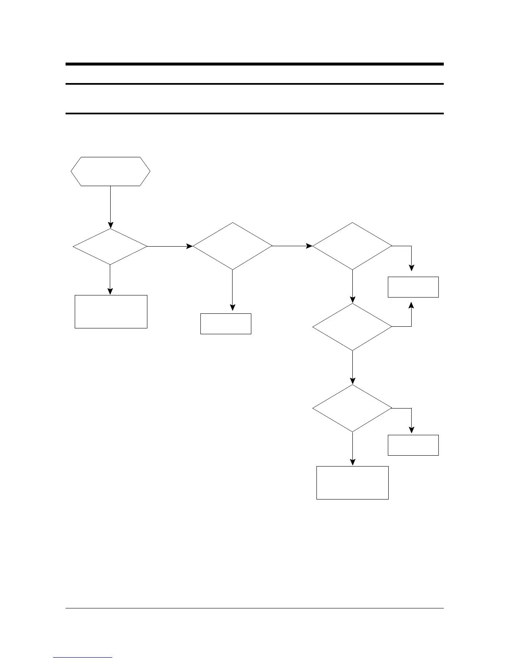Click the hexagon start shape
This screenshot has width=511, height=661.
(x=110, y=172)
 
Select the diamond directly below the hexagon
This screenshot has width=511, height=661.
(x=110, y=247)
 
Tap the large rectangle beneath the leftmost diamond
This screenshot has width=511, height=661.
(x=111, y=311)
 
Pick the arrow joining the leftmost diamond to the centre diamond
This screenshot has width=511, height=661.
(x=169, y=247)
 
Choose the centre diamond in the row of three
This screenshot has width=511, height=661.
(x=233, y=246)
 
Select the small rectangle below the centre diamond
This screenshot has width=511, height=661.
(x=226, y=324)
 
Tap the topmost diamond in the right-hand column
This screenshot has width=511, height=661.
(x=352, y=246)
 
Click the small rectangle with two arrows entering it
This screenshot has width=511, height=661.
(x=413, y=287)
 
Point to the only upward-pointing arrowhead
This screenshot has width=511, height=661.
(x=412, y=306)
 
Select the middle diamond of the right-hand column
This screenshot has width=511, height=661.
(x=352, y=327)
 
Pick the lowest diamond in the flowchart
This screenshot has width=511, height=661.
(x=352, y=408)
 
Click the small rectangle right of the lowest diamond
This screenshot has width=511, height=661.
(x=413, y=445)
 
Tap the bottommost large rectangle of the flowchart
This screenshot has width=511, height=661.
(x=352, y=483)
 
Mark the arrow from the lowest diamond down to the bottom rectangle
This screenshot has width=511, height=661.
(x=353, y=449)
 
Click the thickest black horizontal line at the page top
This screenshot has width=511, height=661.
(x=254, y=64)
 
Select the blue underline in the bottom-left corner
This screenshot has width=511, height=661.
(x=83, y=657)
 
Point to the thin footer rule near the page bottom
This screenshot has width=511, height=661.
(x=254, y=608)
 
